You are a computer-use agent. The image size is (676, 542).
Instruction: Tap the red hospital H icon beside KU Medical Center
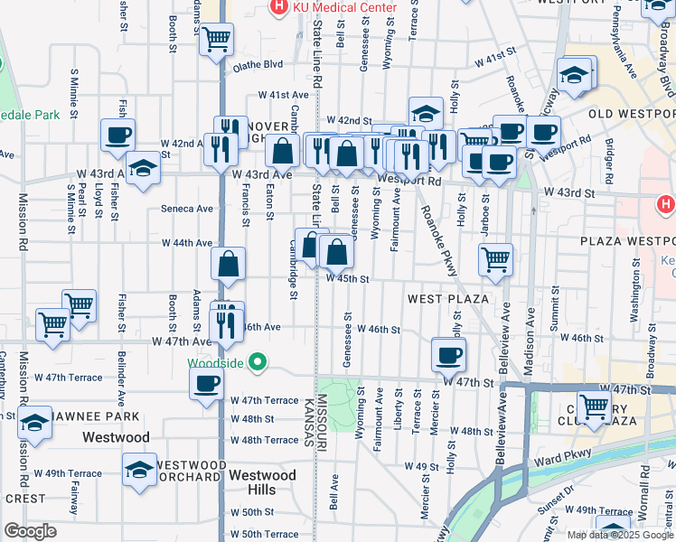[280, 7]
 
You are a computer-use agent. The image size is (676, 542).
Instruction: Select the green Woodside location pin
[258, 363]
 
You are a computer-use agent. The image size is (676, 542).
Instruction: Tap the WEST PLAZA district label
[448, 298]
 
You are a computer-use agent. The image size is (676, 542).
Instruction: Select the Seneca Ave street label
[187, 209]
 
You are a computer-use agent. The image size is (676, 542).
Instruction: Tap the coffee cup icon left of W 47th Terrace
[206, 383]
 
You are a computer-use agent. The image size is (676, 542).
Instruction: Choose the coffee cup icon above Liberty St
[447, 354]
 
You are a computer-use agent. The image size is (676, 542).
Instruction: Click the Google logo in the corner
[30, 531]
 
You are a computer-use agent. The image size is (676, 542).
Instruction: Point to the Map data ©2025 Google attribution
[620, 535]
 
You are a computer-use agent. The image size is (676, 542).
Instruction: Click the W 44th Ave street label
[187, 243]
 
